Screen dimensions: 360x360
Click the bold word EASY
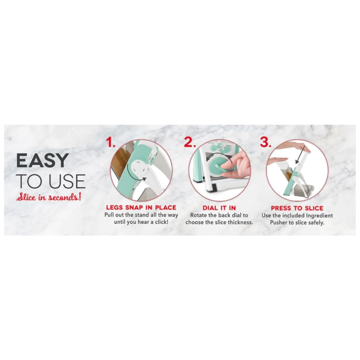[x=42, y=160]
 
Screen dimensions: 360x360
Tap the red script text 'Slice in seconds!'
[x=49, y=197]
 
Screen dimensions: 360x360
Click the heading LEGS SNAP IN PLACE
[x=141, y=208]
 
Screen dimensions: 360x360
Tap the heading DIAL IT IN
[x=219, y=208]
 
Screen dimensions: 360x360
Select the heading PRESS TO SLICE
[x=297, y=208]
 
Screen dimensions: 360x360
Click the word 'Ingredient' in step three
[x=319, y=216]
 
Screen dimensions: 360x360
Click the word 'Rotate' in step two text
[x=199, y=215]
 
